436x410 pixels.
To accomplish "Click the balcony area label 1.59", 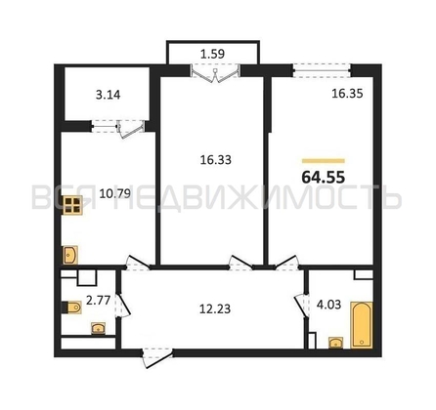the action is pyautogui.click(x=212, y=54).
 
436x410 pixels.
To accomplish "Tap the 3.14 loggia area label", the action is pyautogui.click(x=108, y=95).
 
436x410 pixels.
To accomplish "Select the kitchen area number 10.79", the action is pyautogui.click(x=115, y=193).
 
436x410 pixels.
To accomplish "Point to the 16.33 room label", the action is pyautogui.click(x=216, y=160).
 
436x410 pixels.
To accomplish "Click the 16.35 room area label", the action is pyautogui.click(x=347, y=94).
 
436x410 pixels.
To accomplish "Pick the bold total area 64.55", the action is pyautogui.click(x=323, y=178).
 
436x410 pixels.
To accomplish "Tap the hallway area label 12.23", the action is pyautogui.click(x=215, y=308).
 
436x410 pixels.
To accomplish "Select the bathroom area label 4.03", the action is pyautogui.click(x=328, y=305).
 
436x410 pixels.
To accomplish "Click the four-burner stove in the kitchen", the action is pyautogui.click(x=72, y=205).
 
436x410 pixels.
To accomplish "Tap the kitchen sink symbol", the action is pyautogui.click(x=70, y=255).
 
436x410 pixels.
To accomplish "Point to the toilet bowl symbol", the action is pyautogui.click(x=71, y=307).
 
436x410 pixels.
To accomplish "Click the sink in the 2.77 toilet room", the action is pyautogui.click(x=98, y=328).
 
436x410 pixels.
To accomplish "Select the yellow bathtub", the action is pyautogui.click(x=362, y=325).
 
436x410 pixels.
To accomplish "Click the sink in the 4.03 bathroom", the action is pyautogui.click(x=335, y=343).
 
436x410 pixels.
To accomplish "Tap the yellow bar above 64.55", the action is pyautogui.click(x=324, y=160).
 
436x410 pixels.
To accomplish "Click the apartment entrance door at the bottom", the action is pyautogui.click(x=156, y=357).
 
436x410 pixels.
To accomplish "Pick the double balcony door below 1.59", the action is pyautogui.click(x=215, y=73).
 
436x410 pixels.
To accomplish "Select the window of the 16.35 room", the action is pyautogui.click(x=322, y=70).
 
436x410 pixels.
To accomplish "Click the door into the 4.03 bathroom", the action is pyautogui.click(x=301, y=305).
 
